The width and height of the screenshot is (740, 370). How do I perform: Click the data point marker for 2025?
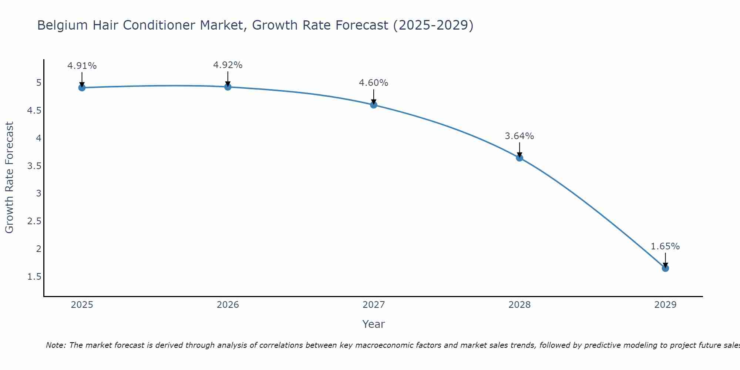82,88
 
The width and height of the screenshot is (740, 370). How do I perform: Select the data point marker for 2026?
228,87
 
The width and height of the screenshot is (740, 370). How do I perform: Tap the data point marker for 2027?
374,105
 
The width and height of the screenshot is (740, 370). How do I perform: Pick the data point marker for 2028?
519,158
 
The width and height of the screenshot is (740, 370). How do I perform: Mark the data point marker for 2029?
665,268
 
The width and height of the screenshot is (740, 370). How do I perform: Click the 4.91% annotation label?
82,66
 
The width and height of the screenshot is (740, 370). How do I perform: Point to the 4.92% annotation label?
228,65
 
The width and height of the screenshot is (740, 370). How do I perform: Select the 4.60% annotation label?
374,83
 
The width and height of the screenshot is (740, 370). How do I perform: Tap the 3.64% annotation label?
519,136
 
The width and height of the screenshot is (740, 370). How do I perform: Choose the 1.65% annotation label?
665,246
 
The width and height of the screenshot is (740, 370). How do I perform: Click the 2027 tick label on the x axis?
374,305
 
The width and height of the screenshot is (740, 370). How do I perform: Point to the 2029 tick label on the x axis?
665,305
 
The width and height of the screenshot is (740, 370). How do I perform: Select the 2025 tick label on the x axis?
82,305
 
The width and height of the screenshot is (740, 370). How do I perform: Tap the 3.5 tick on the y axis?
34,166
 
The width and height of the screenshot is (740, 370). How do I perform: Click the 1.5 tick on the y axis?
34,277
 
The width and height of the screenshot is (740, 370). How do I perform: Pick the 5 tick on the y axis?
38,83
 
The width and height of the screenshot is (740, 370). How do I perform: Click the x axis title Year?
374,324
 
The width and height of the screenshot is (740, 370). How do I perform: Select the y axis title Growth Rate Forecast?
9,178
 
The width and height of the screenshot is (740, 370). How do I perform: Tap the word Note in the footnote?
55,345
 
